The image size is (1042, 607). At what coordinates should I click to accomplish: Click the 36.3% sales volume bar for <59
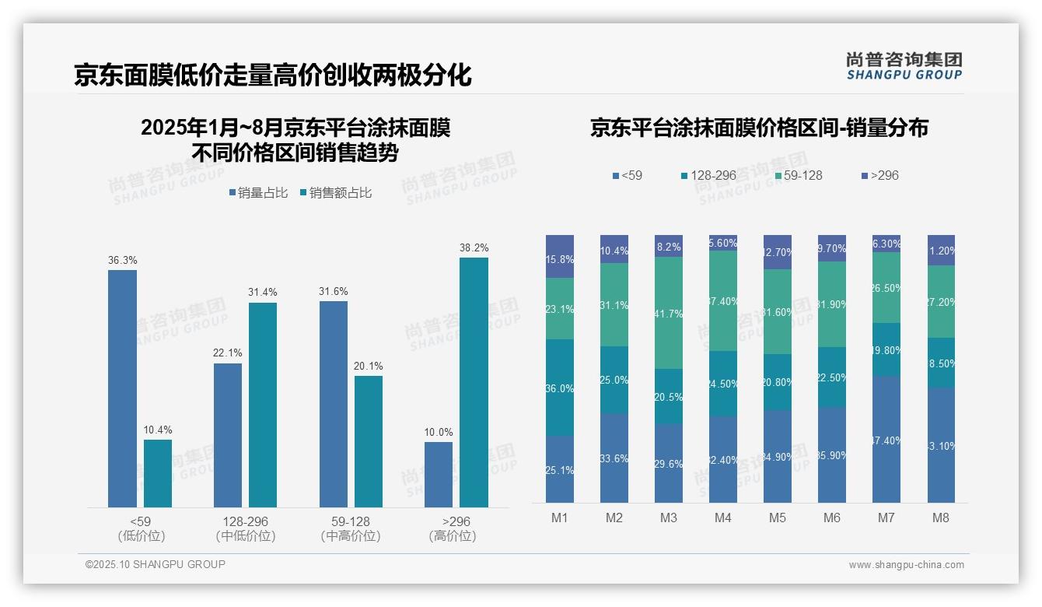tap(122, 388)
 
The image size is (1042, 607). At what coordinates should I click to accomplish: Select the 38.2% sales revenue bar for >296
tap(474, 382)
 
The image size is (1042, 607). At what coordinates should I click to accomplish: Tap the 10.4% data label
tap(158, 430)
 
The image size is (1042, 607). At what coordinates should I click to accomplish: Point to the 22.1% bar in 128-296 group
tap(227, 435)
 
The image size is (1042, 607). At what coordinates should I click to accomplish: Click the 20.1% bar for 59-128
tap(369, 441)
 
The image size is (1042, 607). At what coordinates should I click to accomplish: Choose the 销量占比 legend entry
tap(258, 193)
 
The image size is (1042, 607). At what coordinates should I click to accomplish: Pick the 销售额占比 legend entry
tap(335, 193)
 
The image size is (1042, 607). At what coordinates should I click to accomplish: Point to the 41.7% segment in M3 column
tap(668, 313)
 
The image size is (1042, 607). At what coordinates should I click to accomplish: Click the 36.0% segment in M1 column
tap(560, 388)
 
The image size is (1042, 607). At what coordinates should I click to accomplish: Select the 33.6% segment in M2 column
tap(614, 458)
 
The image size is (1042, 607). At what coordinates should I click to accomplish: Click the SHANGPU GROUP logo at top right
tap(904, 66)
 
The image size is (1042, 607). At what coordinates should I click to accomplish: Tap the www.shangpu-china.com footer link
tap(906, 565)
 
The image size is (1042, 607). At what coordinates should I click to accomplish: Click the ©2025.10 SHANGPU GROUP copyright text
tap(156, 564)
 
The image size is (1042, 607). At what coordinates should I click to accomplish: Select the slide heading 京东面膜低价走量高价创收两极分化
tap(273, 75)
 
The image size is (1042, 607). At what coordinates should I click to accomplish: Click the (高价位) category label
tap(452, 536)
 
